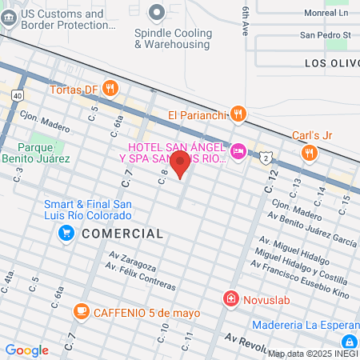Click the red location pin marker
tap(181, 166)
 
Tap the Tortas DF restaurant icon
tap(111, 88)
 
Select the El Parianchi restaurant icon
tap(238, 115)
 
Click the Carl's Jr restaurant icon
tap(308, 153)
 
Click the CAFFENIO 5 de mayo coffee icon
tap(81, 311)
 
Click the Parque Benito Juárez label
tap(44, 153)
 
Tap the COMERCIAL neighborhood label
tap(122, 234)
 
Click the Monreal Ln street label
tap(326, 14)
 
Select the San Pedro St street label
tap(325, 35)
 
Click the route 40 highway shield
tap(17, 95)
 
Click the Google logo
tap(27, 350)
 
